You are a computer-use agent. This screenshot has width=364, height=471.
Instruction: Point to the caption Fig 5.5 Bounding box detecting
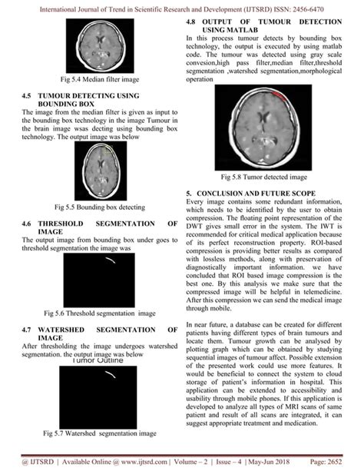point(100,207)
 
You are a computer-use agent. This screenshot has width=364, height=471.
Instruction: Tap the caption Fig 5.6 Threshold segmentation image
point(100,313)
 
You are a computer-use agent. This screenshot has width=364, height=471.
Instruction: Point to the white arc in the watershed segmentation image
point(113,376)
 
